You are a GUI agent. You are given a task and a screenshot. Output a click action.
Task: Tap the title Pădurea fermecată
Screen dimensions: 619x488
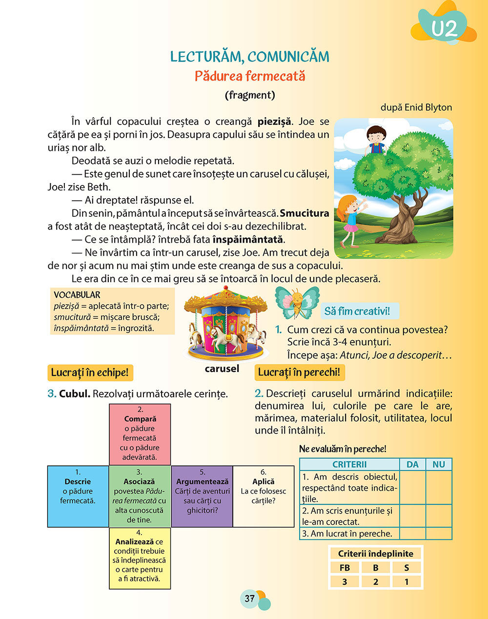(x=250, y=76)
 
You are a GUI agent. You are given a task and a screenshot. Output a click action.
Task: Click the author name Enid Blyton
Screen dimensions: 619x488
(x=428, y=107)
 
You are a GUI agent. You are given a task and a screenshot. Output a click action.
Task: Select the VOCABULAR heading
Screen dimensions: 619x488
(x=77, y=295)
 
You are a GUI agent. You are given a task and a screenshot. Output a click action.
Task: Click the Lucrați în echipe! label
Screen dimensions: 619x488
(x=90, y=373)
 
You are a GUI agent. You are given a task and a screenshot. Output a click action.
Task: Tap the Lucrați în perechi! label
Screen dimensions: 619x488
(x=299, y=372)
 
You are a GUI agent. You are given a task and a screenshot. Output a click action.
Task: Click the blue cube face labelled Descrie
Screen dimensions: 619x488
(x=78, y=496)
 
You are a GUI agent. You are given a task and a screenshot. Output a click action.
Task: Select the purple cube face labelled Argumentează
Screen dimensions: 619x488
(x=202, y=496)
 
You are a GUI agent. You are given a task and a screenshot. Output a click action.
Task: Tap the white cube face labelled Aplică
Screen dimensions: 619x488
(x=264, y=496)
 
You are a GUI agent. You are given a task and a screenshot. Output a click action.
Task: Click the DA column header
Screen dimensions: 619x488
(x=412, y=464)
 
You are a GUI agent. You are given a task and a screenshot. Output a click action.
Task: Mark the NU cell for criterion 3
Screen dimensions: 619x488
(x=439, y=533)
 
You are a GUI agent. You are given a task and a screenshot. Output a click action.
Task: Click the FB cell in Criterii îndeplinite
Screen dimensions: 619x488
(x=345, y=568)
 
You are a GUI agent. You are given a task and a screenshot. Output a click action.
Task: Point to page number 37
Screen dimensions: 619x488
(x=250, y=598)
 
